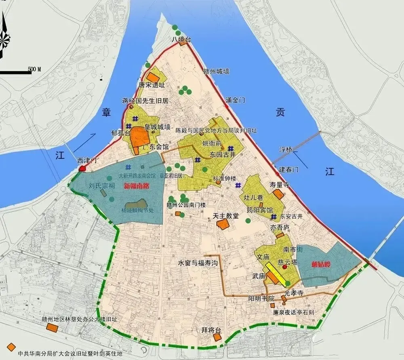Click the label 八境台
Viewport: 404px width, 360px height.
point(180,39)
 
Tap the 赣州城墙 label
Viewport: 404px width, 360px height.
point(216,71)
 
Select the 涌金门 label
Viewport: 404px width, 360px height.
point(235,100)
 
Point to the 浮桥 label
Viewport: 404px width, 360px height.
point(286,149)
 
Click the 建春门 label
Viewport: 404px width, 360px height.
point(288,169)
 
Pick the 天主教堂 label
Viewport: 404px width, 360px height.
point(225,216)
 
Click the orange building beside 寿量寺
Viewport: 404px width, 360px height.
point(278,194)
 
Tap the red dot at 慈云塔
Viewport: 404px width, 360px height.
point(285,267)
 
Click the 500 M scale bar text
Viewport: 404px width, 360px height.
point(34,69)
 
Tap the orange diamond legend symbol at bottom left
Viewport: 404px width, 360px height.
point(12,347)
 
